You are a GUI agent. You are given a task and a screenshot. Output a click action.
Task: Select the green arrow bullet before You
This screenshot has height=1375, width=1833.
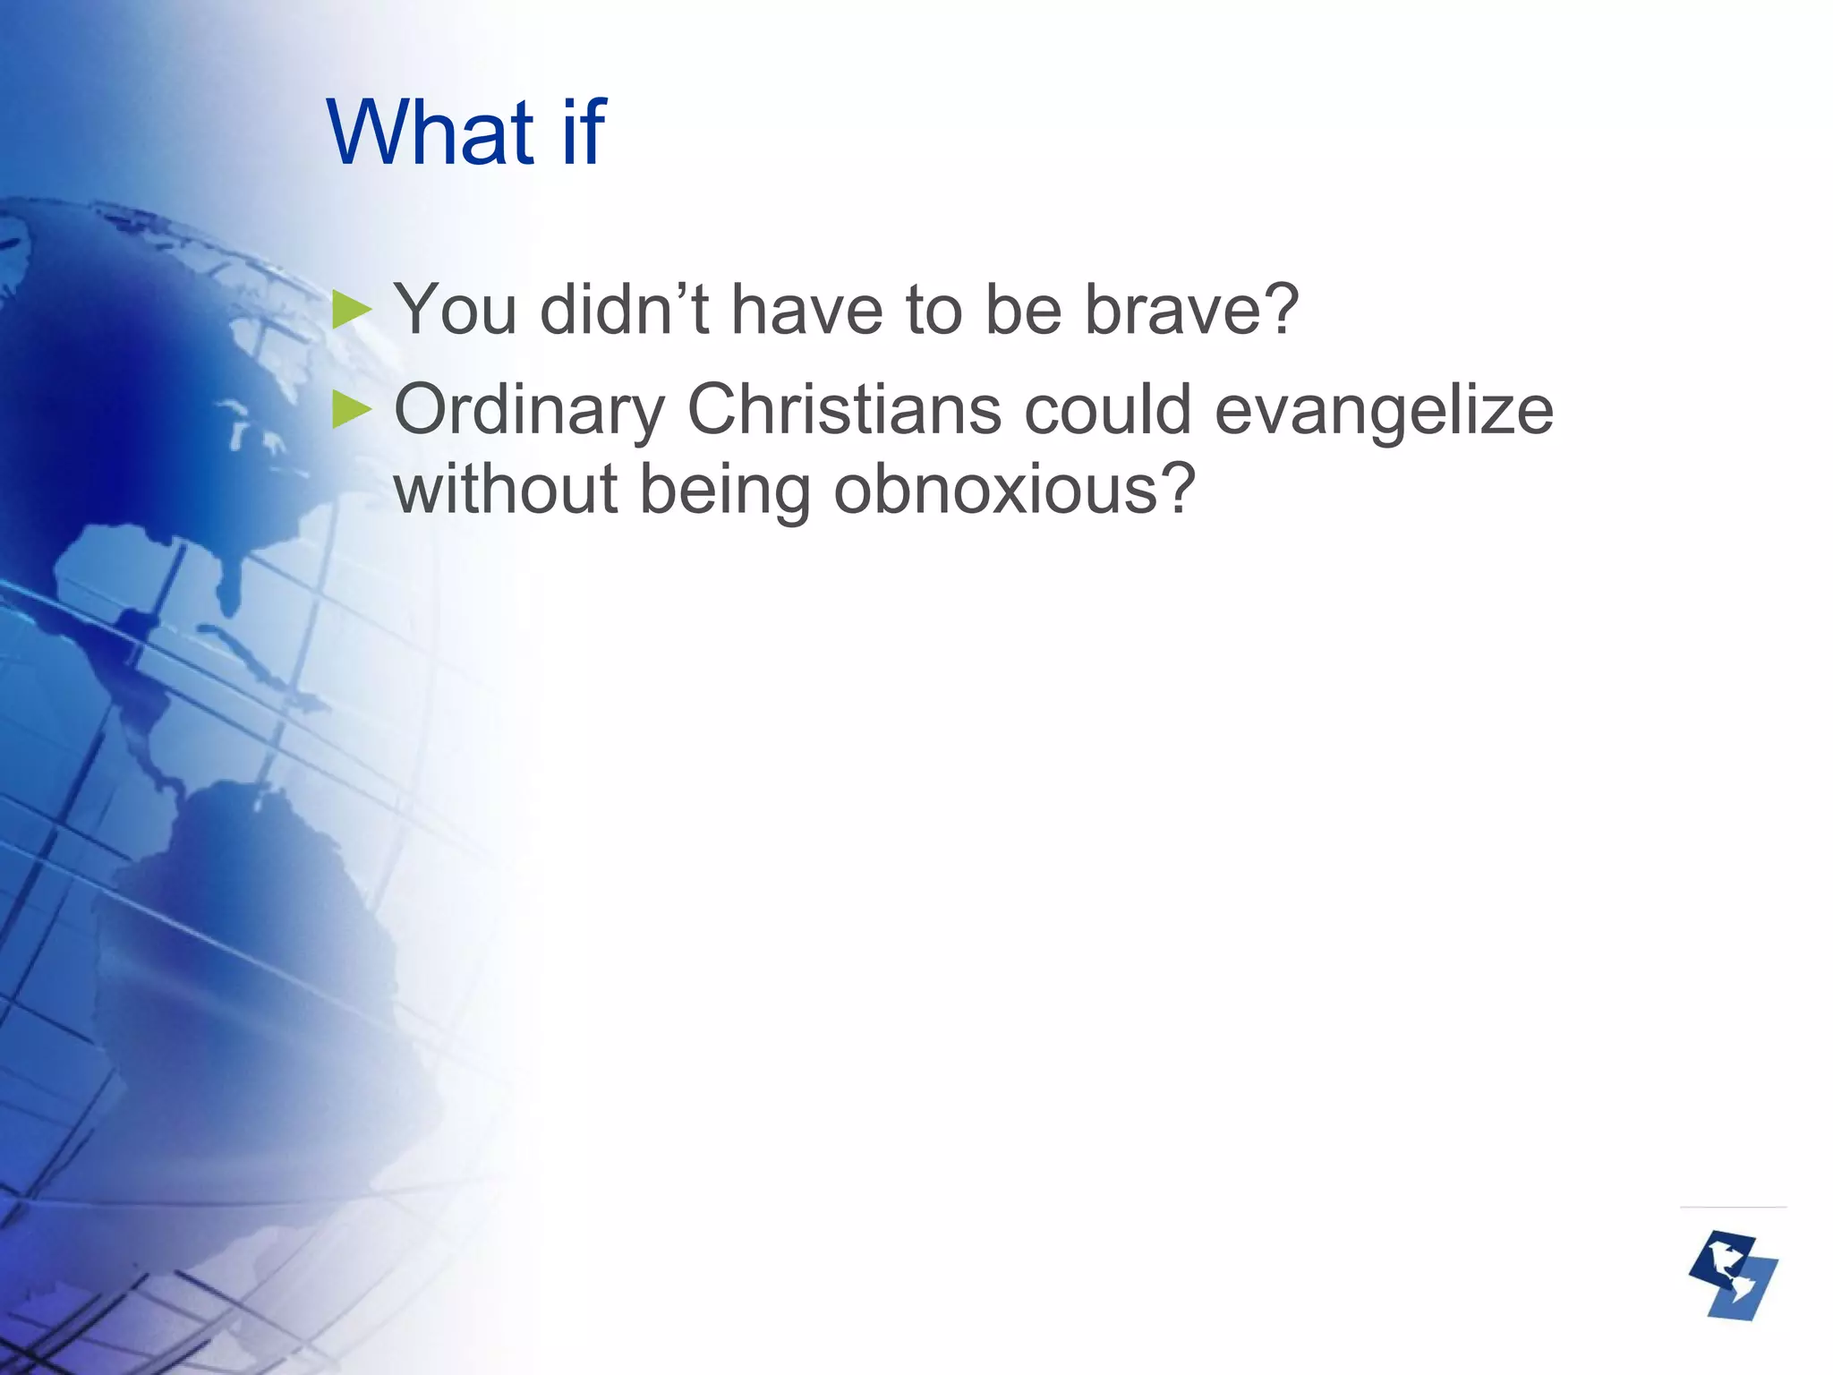click(351, 310)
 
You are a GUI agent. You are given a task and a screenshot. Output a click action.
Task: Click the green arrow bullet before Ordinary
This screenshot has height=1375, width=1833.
click(351, 411)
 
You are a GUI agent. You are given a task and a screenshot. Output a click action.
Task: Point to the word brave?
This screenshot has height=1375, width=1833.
click(1191, 310)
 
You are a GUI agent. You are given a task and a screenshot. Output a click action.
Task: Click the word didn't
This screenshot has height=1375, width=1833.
click(625, 310)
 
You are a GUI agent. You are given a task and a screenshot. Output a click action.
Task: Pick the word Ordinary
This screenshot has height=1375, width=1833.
click(529, 411)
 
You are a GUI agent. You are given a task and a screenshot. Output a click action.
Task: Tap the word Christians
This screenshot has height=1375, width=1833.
click(843, 409)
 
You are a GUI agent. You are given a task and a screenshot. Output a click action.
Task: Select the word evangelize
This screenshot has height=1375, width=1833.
click(1384, 411)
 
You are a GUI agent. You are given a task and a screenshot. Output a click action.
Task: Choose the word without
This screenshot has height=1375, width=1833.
click(506, 490)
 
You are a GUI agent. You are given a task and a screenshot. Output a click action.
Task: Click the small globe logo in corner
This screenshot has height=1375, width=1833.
click(1733, 1276)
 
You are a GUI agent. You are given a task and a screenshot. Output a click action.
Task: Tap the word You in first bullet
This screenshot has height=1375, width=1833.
click(456, 310)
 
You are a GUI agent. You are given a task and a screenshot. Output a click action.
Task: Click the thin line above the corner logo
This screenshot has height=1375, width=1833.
click(1733, 1207)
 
